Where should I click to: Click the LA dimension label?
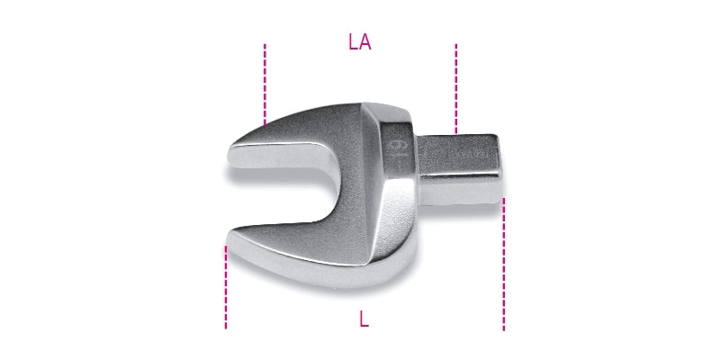[x=360, y=42]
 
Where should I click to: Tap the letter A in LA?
[x=365, y=42]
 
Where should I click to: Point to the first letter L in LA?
[x=353, y=42]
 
